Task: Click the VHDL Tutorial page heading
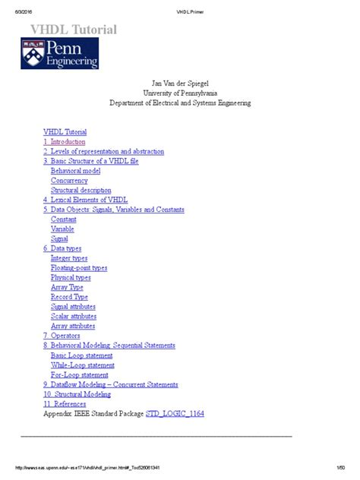pos(73,30)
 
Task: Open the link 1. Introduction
pos(65,141)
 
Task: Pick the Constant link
pos(64,219)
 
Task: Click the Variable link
pos(62,229)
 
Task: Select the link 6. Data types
pos(62,248)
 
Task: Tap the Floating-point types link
pos(79,267)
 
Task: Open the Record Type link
pos(69,296)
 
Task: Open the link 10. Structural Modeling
pos(78,394)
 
